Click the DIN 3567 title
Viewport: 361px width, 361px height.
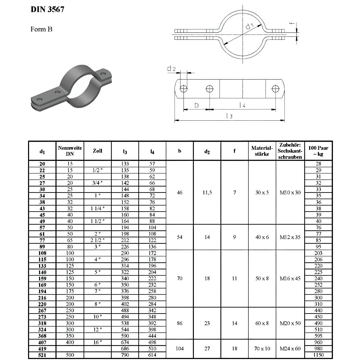47,9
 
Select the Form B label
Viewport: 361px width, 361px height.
41,29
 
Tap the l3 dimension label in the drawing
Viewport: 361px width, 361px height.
229,116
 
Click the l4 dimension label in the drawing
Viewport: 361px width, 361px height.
243,105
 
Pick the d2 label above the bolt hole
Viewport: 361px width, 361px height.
171,69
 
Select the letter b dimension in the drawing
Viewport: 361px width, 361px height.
197,105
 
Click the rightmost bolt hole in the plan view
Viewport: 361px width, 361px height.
275,89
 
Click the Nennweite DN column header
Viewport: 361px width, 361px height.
70,151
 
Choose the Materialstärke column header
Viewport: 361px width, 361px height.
262,151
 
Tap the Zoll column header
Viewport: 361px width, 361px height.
98,151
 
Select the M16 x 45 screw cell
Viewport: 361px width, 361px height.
290,278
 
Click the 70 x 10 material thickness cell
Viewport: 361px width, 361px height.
262,349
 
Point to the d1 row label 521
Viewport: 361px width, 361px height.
42,355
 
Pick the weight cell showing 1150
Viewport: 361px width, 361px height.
318,355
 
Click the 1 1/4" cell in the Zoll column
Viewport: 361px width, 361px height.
98,208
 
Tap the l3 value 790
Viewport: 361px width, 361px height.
125,355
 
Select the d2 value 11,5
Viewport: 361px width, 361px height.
207,193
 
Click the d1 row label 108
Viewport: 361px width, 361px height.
42,253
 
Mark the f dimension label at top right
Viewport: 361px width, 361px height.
292,23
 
